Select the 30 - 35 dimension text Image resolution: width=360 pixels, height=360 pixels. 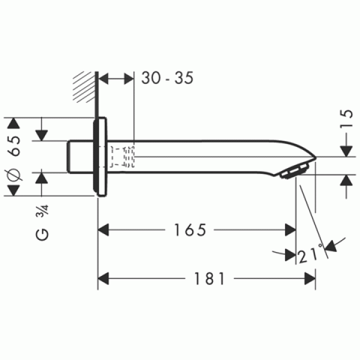click(167, 79)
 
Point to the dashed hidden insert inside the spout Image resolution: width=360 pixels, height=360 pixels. click(123, 157)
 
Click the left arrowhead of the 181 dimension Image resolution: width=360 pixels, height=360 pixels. click(105, 278)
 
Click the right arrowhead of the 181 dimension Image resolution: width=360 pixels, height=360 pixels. click(308, 278)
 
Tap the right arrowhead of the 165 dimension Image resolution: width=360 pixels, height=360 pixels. click(289, 230)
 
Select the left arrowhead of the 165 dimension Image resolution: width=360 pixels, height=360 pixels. click(105, 230)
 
